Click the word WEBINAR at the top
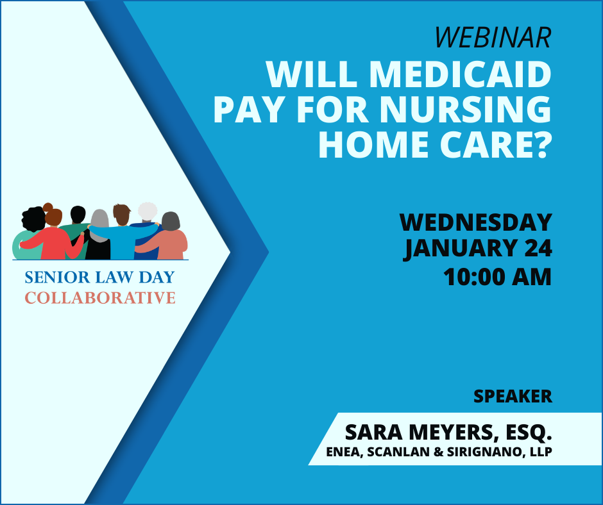[x=493, y=37]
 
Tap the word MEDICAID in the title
[x=461, y=74]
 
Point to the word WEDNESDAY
[x=476, y=222]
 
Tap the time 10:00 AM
[x=498, y=277]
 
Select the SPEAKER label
[x=513, y=396]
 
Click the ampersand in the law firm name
[x=438, y=452]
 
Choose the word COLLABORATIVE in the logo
[x=100, y=298]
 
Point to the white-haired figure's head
[x=148, y=211]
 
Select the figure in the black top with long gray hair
[x=99, y=235]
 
